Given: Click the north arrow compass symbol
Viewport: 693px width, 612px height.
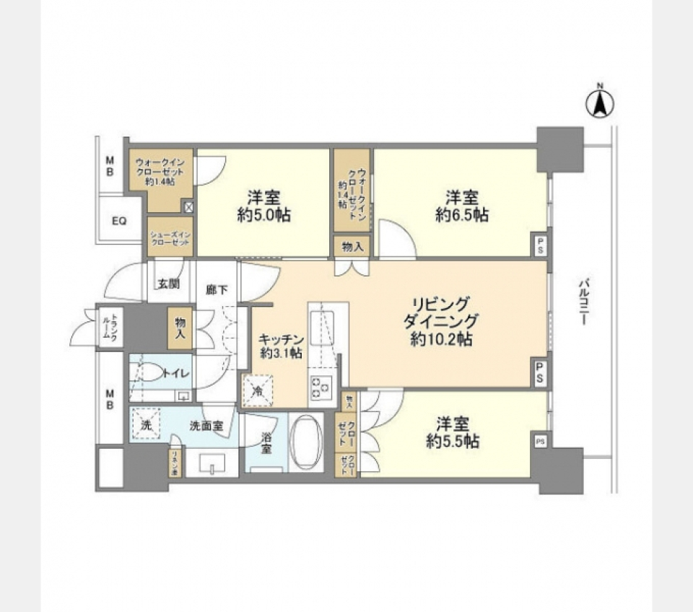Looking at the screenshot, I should click(598, 102).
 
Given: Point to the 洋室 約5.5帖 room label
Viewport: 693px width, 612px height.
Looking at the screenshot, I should click(453, 432).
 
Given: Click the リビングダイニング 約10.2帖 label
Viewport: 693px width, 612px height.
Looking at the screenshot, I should click(441, 321).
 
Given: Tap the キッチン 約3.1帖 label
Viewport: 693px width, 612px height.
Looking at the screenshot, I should click(281, 346).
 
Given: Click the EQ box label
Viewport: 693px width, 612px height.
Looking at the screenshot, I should click(119, 221).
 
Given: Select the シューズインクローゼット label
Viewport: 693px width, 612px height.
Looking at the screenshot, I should click(170, 239).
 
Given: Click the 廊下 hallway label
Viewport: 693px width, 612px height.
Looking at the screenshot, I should click(217, 290).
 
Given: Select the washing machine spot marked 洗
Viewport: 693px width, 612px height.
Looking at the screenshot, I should click(147, 426).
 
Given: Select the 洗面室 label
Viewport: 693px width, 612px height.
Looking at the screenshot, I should click(210, 426).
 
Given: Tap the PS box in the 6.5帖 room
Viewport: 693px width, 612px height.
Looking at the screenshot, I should click(539, 245).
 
